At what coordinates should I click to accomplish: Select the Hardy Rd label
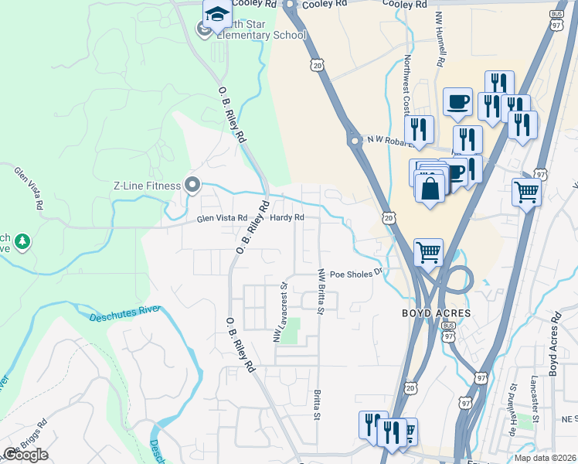(287, 218)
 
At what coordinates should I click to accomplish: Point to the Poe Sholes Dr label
(357, 273)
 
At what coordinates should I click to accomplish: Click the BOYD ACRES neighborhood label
(435, 313)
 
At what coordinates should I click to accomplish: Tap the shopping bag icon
(430, 187)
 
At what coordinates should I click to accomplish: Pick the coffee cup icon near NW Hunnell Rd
(457, 101)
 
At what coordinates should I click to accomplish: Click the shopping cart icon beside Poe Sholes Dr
(428, 251)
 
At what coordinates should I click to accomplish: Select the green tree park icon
(23, 242)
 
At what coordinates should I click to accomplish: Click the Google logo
(25, 455)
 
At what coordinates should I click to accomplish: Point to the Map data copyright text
(545, 458)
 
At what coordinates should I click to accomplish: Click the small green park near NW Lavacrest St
(289, 335)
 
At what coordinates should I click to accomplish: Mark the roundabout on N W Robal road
(355, 142)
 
